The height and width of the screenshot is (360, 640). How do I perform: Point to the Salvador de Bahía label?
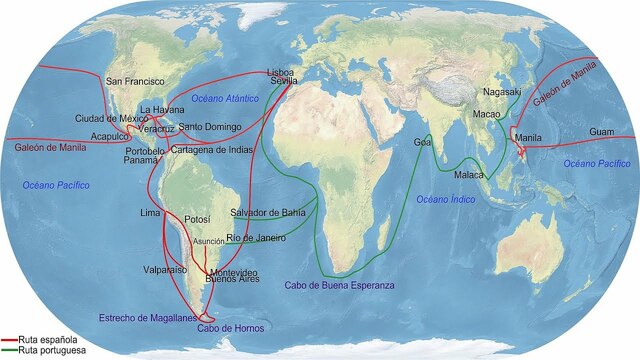pyautogui.click(x=268, y=213)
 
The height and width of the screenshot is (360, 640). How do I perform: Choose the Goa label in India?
pyautogui.click(x=422, y=143)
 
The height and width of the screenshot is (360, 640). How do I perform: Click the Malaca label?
pyautogui.click(x=469, y=175)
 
